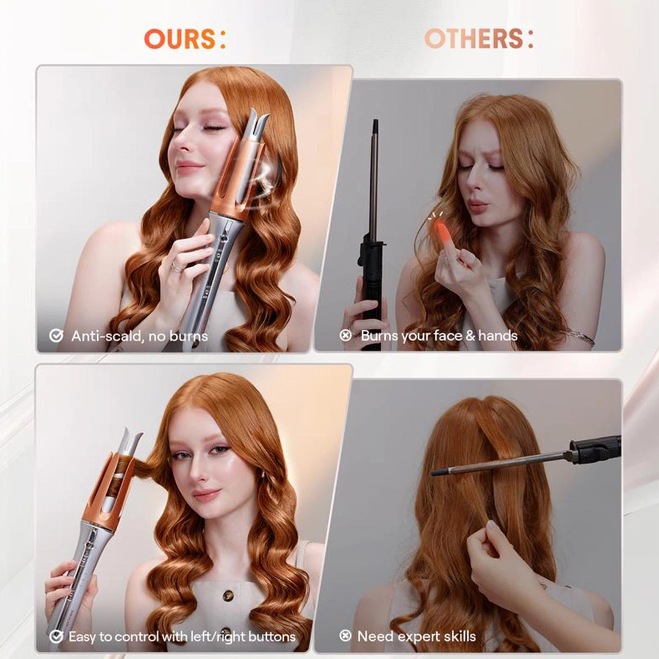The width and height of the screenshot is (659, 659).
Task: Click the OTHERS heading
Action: click(478, 39)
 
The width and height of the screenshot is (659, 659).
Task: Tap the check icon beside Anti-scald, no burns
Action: click(56, 336)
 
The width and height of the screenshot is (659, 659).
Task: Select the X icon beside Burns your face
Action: click(345, 336)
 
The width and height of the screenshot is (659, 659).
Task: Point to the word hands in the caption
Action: click(497, 336)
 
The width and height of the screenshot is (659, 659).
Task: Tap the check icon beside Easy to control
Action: click(56, 637)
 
